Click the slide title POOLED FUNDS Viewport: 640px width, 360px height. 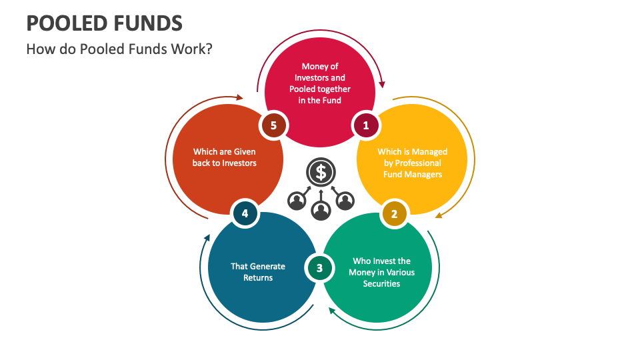103,24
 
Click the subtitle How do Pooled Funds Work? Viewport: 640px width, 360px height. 119,49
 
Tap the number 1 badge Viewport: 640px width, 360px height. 365,125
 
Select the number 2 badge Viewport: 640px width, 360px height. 394,214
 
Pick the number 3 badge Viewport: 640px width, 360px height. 319,268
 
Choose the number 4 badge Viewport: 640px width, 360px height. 245,214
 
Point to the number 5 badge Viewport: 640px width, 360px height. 273,125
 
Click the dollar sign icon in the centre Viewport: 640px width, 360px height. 321,172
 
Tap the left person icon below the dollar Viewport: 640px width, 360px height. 297,199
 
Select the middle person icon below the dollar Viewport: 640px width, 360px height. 321,211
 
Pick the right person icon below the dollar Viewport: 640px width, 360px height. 344,199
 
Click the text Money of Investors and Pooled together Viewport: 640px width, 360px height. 320,83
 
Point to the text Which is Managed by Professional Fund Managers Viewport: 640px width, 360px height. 412,163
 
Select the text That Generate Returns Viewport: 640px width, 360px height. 258,271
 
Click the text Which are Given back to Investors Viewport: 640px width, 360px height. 225,157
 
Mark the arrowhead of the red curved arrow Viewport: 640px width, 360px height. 383,85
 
